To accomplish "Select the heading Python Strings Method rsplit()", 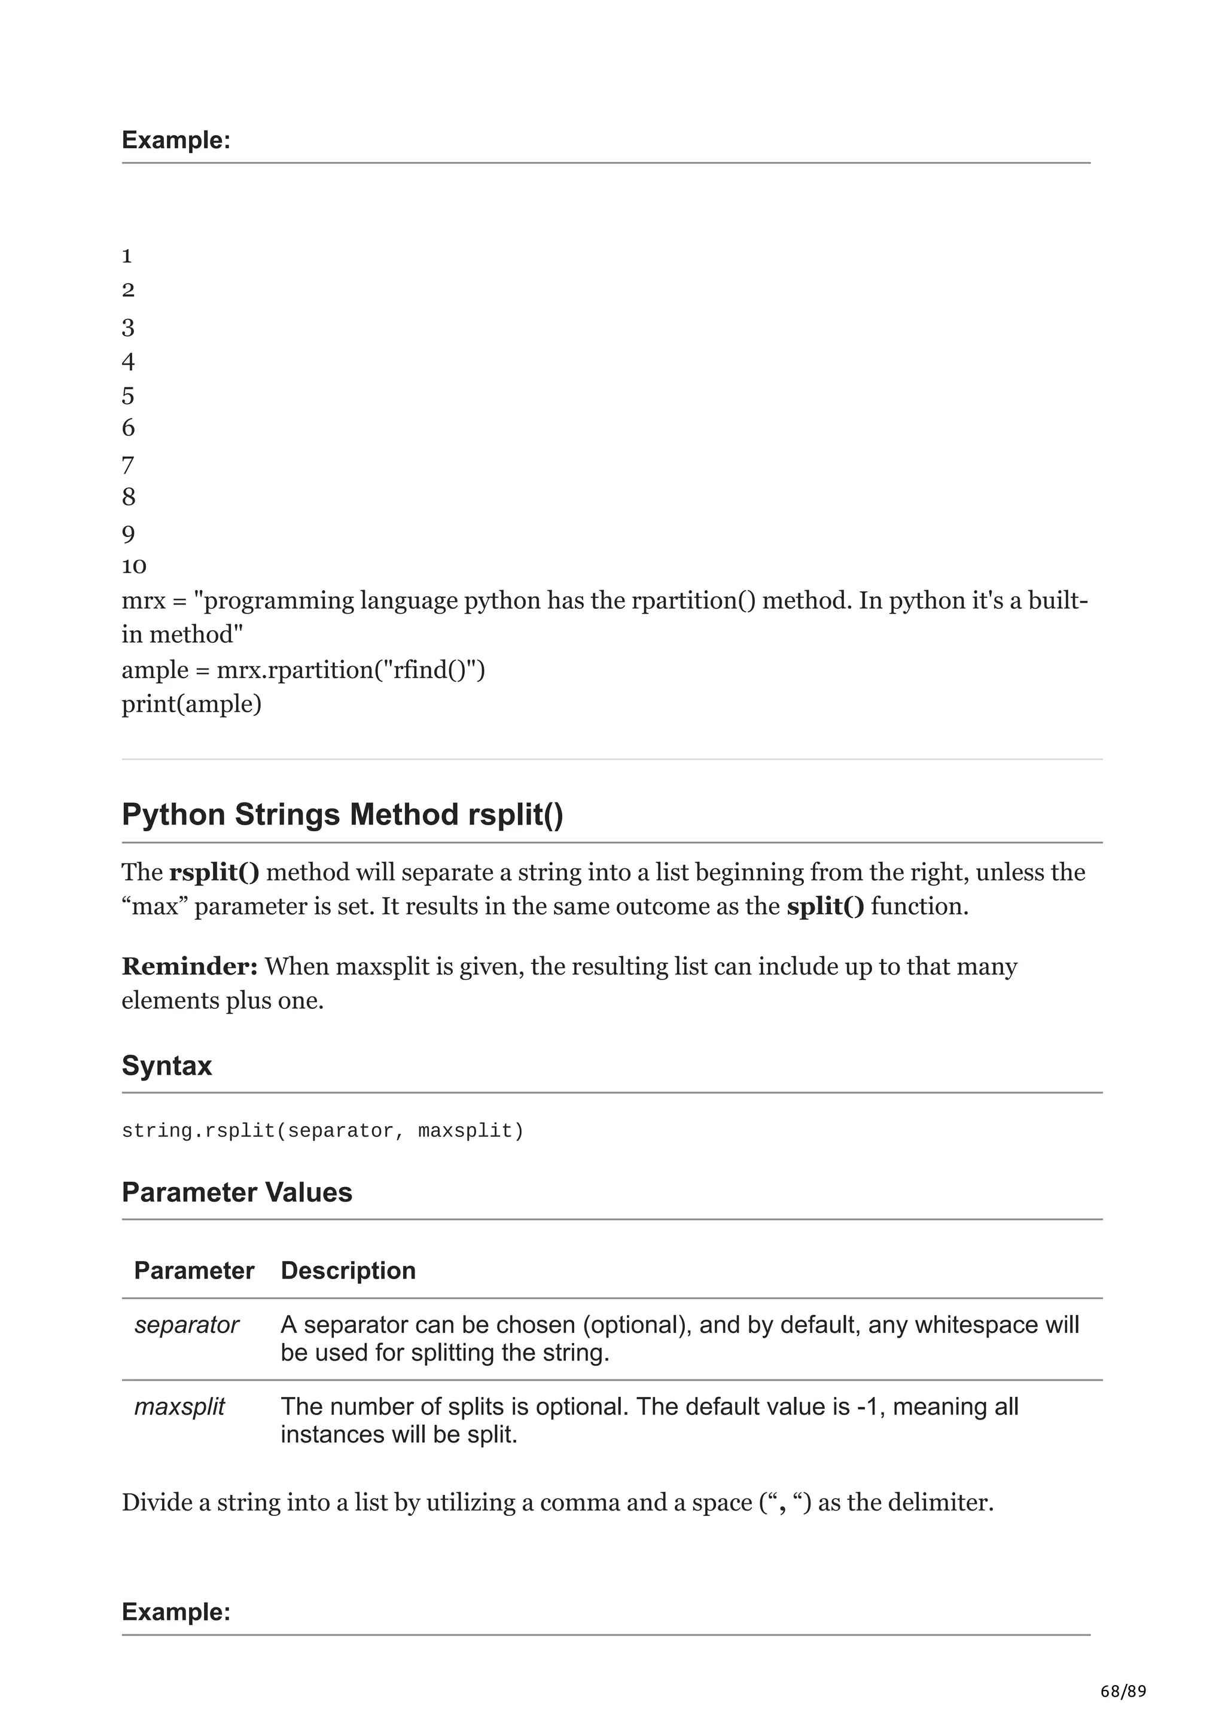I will [342, 815].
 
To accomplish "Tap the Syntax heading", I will [167, 1065].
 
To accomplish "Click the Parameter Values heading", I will [237, 1192].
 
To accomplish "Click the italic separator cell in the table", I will [187, 1325].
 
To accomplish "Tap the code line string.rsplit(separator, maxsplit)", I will [322, 1131].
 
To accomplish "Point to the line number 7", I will [127, 465].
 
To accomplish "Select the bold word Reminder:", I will [190, 966].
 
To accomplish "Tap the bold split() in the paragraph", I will [825, 906].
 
